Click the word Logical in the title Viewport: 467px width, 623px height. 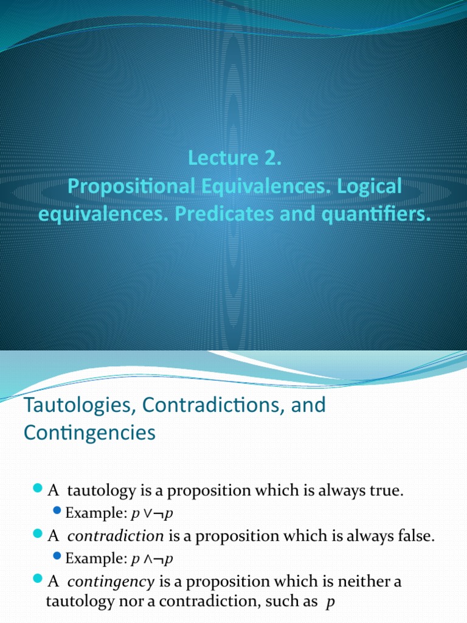369,187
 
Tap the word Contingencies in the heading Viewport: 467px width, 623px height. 89,433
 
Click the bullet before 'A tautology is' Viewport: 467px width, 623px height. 38,489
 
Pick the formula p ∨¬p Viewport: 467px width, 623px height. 152,513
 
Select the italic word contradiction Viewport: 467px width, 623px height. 115,536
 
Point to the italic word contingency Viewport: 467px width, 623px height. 111,582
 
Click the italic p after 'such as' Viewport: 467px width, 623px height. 330,602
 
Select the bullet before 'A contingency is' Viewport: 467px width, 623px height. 38,579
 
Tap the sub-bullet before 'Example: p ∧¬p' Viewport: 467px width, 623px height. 57,555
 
